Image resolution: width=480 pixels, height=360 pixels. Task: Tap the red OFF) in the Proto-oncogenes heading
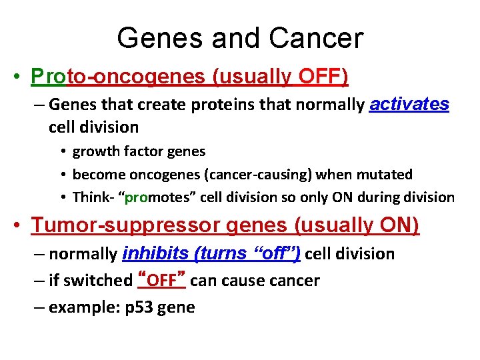(x=323, y=77)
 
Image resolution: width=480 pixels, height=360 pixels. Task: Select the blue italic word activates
(x=409, y=104)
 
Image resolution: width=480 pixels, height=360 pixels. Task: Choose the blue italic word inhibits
(x=152, y=254)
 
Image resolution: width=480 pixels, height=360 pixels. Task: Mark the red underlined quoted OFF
(x=161, y=281)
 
